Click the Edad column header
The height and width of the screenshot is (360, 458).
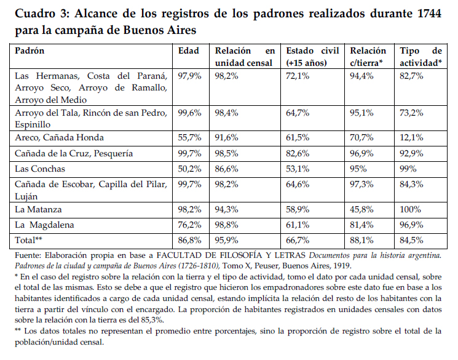coord(189,51)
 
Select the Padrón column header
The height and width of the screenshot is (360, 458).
coord(30,51)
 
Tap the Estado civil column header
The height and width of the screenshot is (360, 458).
coord(314,57)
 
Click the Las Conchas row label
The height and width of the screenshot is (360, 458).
coord(39,169)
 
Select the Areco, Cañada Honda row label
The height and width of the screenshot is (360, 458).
coord(60,137)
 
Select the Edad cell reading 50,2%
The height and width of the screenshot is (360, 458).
coord(190,169)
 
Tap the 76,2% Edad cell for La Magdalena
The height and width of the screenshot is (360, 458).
coord(190,225)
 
